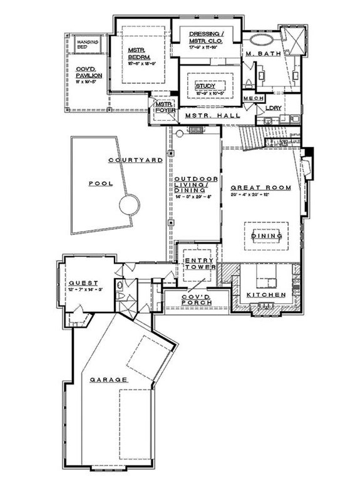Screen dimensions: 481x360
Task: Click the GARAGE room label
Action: [x=108, y=380]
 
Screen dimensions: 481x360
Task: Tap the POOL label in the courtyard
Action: [x=99, y=184]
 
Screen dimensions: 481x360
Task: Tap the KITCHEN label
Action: [x=266, y=294]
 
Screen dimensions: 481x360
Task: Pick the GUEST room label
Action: [x=81, y=282]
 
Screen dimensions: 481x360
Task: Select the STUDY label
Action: [x=205, y=85]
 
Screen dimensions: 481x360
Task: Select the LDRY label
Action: [x=273, y=108]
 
